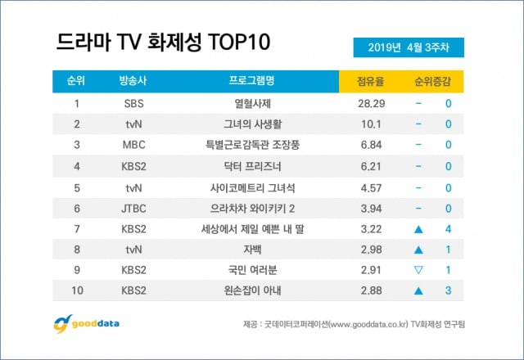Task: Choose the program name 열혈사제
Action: pyautogui.click(x=251, y=104)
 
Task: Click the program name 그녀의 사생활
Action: pyautogui.click(x=251, y=124)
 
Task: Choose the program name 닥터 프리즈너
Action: pyautogui.click(x=251, y=166)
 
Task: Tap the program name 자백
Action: pyautogui.click(x=251, y=250)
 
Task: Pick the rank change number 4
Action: pyautogui.click(x=448, y=229)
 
